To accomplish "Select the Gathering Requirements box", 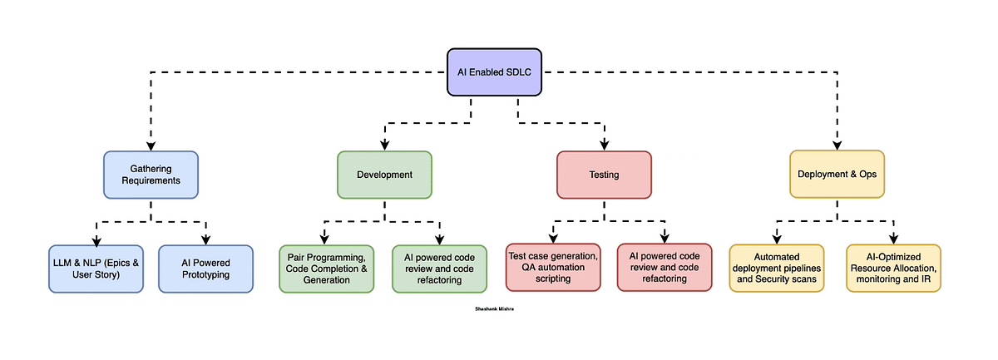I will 151,175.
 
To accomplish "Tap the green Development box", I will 384,175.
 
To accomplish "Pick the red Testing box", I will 604,175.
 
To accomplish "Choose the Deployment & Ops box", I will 837,175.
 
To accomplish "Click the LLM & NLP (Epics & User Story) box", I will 96,269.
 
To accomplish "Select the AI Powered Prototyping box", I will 205,269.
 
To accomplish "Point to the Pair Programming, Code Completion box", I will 327,269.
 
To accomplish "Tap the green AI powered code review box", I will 439,269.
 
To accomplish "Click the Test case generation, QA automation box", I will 553,267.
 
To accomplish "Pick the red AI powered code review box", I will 665,267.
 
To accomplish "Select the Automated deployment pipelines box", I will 777,268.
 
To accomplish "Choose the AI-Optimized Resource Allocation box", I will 893,268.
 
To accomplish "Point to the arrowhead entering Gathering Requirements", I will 151,145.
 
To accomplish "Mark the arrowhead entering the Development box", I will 384,145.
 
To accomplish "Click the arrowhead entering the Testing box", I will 604,145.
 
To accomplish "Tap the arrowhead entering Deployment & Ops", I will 837,145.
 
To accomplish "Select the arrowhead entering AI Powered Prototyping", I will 205,239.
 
